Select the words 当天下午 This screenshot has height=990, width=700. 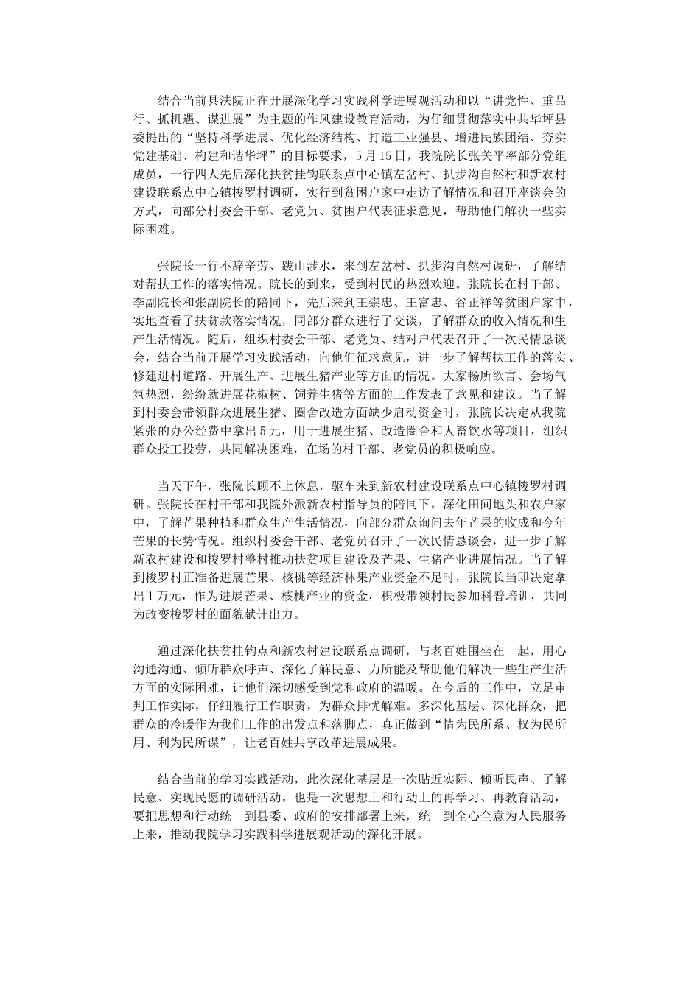click(x=183, y=486)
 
